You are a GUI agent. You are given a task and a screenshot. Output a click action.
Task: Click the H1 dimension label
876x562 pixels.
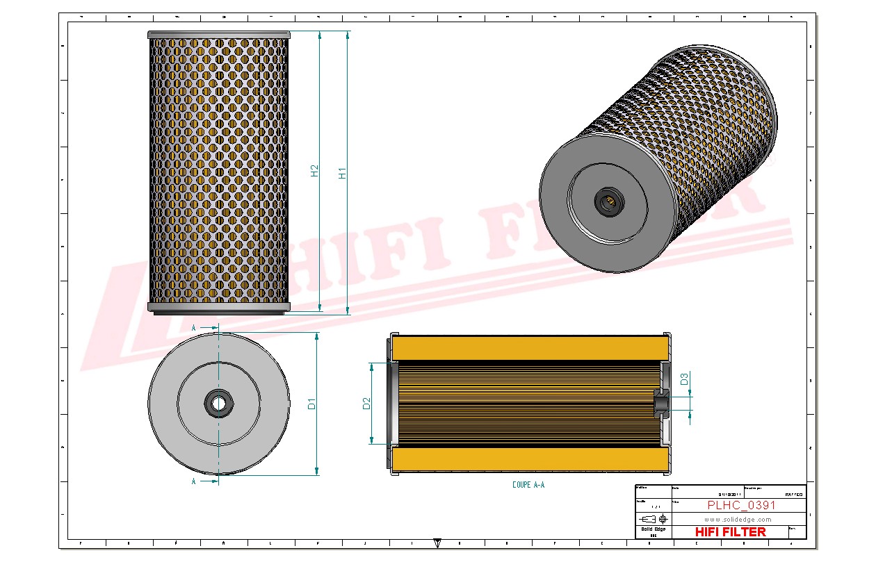coord(342,173)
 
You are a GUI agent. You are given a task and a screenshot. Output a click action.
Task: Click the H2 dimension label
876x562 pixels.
coord(314,171)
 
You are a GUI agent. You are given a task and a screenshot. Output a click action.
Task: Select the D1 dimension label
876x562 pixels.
coord(312,403)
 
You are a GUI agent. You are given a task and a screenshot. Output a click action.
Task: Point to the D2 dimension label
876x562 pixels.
coord(366,403)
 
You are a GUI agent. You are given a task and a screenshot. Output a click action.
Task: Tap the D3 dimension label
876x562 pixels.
coord(684,379)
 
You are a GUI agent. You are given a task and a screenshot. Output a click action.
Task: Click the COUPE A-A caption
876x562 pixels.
coord(528,485)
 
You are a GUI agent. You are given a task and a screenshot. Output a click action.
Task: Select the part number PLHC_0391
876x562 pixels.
coord(741,505)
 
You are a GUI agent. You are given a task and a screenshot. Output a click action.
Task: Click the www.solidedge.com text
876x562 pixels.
coord(738,519)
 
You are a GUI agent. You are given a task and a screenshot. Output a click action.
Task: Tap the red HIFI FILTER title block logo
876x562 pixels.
coord(730,532)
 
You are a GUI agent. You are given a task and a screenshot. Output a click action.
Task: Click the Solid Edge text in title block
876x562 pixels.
coord(653,529)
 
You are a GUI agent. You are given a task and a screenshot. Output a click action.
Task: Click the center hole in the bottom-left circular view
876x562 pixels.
coord(218,403)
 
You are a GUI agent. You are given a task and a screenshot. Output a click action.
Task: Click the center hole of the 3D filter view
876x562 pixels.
coord(608,202)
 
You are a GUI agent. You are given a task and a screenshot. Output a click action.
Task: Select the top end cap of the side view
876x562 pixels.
coord(218,35)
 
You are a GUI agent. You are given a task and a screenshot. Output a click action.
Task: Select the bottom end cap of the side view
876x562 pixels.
coord(218,307)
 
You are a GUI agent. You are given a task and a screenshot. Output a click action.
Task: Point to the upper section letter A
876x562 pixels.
coord(193,327)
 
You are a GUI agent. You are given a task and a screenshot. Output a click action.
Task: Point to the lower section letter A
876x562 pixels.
coord(193,480)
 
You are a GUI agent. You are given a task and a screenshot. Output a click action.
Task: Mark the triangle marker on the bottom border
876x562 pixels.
coord(437,542)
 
